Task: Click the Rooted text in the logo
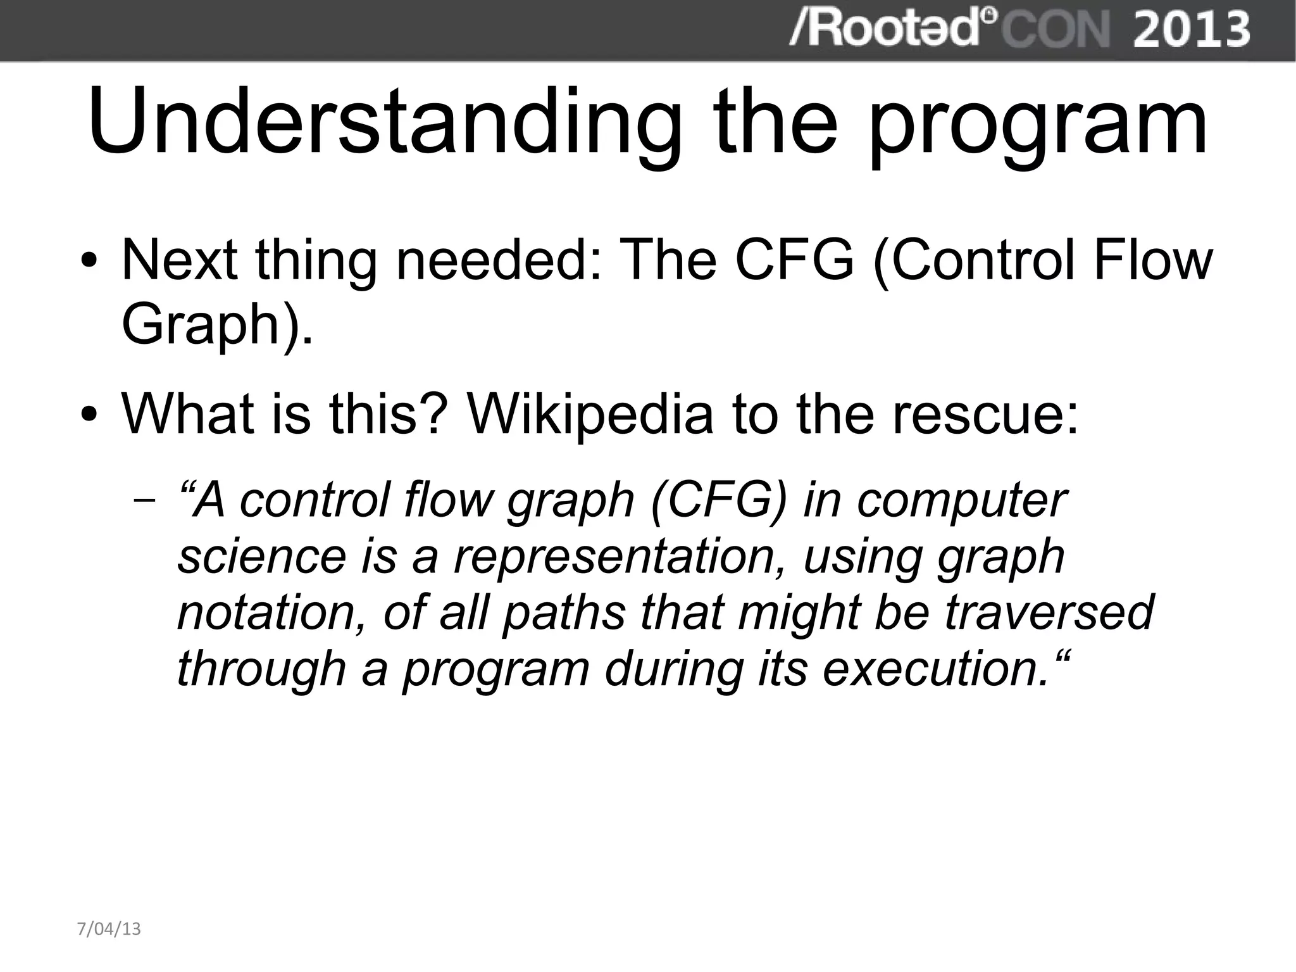pos(886,29)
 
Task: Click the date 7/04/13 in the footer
pos(109,929)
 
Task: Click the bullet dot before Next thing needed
pos(90,262)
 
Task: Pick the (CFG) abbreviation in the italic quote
pos(719,500)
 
